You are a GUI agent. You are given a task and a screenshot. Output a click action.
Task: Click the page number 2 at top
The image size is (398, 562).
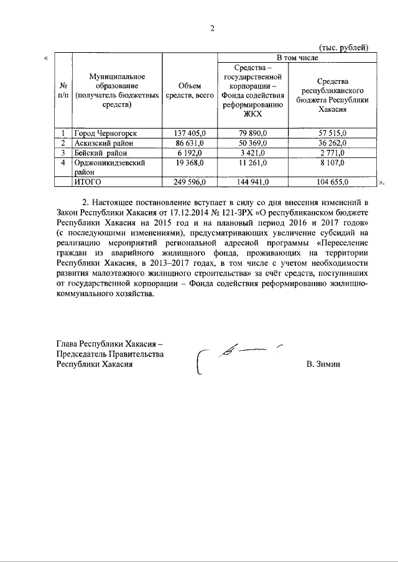(211, 28)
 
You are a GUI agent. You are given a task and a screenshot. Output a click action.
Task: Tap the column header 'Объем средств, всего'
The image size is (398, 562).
(188, 91)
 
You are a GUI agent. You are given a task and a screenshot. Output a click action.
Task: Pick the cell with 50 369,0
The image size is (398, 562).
(254, 143)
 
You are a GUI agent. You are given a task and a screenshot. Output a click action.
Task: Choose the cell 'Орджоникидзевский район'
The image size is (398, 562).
(110, 166)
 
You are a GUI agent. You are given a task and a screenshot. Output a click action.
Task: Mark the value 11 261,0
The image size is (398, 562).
(254, 162)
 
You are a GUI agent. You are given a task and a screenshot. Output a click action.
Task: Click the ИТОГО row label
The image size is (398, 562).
(88, 181)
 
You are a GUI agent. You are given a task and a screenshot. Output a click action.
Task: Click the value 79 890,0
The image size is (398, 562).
(254, 134)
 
